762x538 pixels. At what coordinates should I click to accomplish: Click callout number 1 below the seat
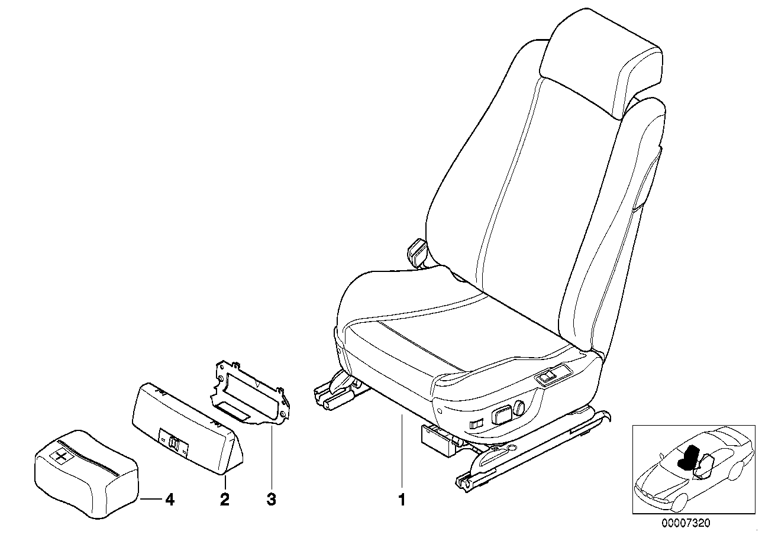[402, 500]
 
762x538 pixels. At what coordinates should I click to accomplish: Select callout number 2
[225, 500]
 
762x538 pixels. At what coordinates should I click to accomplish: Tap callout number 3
[272, 500]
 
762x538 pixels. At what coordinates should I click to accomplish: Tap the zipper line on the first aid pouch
[88, 458]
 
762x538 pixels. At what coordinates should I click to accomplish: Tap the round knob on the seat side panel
[519, 407]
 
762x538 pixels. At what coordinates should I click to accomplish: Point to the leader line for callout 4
[151, 499]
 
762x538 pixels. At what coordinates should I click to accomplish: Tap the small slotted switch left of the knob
[476, 424]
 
